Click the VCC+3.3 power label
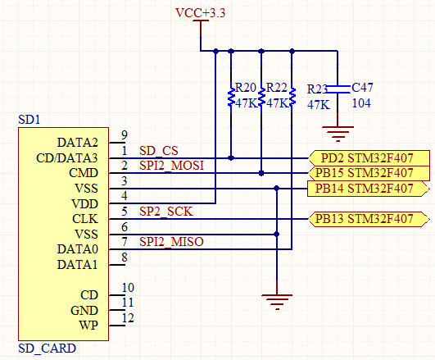tap(201, 13)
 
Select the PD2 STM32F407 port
tap(369, 158)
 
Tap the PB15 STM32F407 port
tap(369, 173)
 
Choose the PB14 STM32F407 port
tap(369, 189)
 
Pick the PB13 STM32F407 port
tap(369, 219)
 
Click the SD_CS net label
tap(159, 151)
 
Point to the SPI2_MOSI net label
tap(171, 166)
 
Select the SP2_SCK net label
tap(166, 212)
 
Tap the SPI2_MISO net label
tap(171, 242)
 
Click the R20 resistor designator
tap(246, 88)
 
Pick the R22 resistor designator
tap(276, 88)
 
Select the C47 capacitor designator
tap(362, 88)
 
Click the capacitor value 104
tap(361, 103)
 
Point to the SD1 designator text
tap(29, 120)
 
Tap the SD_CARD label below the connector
tap(48, 349)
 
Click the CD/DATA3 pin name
tap(67, 158)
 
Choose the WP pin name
tap(88, 326)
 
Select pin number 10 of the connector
tap(128, 288)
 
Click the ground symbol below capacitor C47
tap(338, 134)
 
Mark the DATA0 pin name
tap(77, 249)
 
